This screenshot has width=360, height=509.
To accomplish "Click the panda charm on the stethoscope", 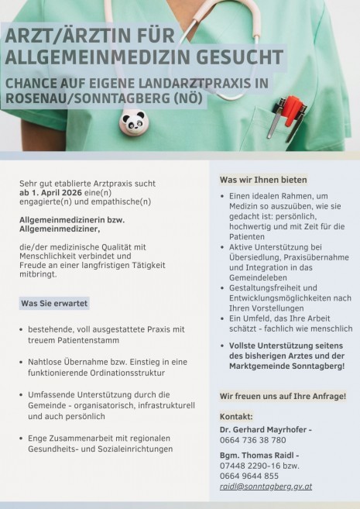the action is tap(133, 120).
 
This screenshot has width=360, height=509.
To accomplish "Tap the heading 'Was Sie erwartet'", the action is tap(53, 303).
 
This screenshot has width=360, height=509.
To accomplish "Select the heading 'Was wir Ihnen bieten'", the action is tap(263, 180).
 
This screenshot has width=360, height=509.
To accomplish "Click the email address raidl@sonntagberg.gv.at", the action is tap(266, 486).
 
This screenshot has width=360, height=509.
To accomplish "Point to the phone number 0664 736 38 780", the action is tap(252, 439).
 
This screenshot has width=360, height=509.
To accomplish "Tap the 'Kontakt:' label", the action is tap(236, 417).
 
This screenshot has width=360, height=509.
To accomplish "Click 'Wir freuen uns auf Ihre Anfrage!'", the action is tap(283, 396).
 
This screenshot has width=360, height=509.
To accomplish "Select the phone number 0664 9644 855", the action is tap(249, 475).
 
